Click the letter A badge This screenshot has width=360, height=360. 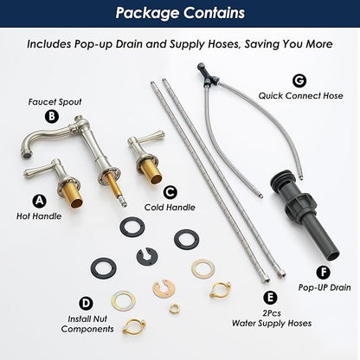(x=39, y=201)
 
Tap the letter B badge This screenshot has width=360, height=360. (x=52, y=116)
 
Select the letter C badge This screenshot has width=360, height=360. (x=170, y=192)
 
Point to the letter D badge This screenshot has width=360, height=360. (x=86, y=304)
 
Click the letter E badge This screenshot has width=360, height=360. (x=270, y=298)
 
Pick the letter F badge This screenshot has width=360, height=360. (x=324, y=272)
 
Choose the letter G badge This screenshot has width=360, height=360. (x=299, y=80)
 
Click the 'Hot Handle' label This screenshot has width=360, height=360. (x=39, y=216)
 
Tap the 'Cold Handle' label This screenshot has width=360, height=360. (x=170, y=207)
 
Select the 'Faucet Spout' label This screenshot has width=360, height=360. (x=55, y=102)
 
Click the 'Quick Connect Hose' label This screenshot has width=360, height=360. (x=300, y=96)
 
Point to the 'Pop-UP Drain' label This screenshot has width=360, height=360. (x=325, y=287)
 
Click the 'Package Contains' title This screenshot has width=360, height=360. (x=180, y=13)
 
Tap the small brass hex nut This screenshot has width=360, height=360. (x=174, y=308)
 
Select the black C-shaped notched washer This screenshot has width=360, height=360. (x=147, y=258)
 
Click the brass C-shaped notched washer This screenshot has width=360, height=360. (x=164, y=289)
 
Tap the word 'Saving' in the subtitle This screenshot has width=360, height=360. (x=261, y=44)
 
